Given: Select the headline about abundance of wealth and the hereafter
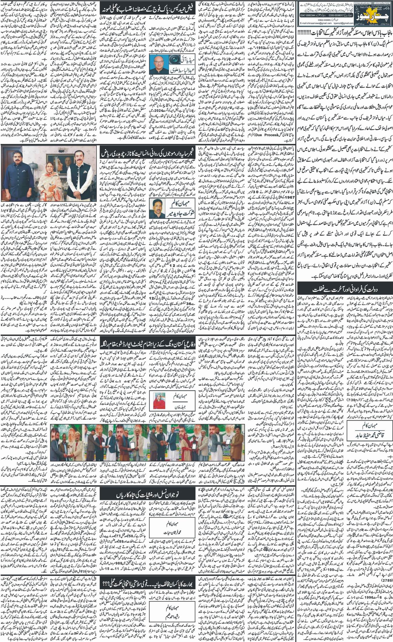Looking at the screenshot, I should [343, 290].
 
